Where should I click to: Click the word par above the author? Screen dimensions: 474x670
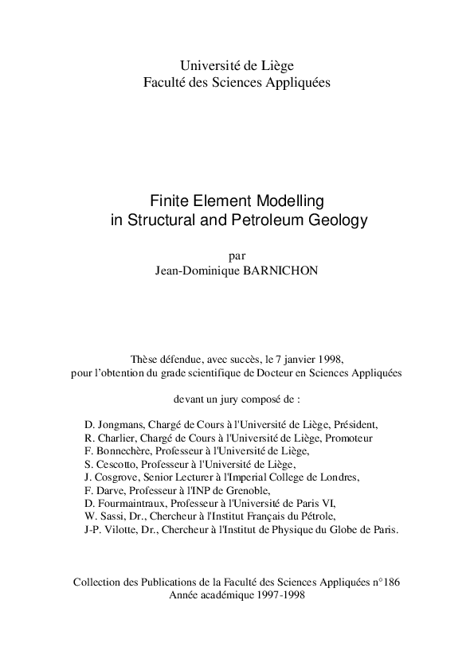pos(237,256)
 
